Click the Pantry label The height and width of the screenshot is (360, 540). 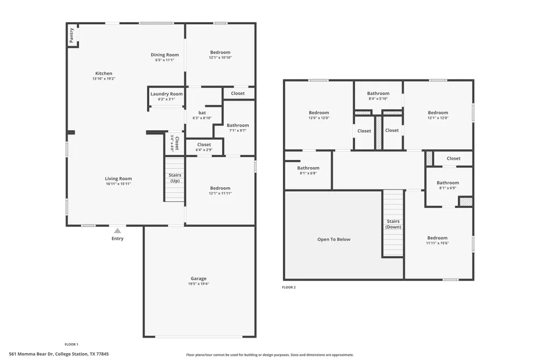(71, 35)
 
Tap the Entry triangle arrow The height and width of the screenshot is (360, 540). (117, 231)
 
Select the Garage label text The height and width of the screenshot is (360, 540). (199, 278)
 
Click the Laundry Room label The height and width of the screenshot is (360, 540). (166, 94)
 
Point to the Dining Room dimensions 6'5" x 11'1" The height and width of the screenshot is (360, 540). (164, 60)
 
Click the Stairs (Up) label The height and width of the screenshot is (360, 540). (175, 178)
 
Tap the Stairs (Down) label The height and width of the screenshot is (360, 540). (394, 224)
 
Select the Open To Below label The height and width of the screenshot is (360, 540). (333, 239)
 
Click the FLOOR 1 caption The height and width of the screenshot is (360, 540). (72, 344)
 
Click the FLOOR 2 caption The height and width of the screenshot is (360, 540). (289, 287)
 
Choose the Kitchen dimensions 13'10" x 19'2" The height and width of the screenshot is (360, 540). (104, 79)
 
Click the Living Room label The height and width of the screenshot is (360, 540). (119, 179)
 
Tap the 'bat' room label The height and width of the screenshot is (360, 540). (202, 113)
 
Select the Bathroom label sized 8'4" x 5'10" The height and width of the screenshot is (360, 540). (378, 93)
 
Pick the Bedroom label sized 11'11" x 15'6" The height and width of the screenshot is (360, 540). (437, 238)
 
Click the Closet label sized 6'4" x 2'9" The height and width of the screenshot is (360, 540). (204, 145)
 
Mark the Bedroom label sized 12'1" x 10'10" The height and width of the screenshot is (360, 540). (220, 52)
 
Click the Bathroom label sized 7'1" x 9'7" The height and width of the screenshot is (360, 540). (238, 125)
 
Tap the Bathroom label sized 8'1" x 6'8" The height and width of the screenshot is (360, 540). (308, 168)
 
